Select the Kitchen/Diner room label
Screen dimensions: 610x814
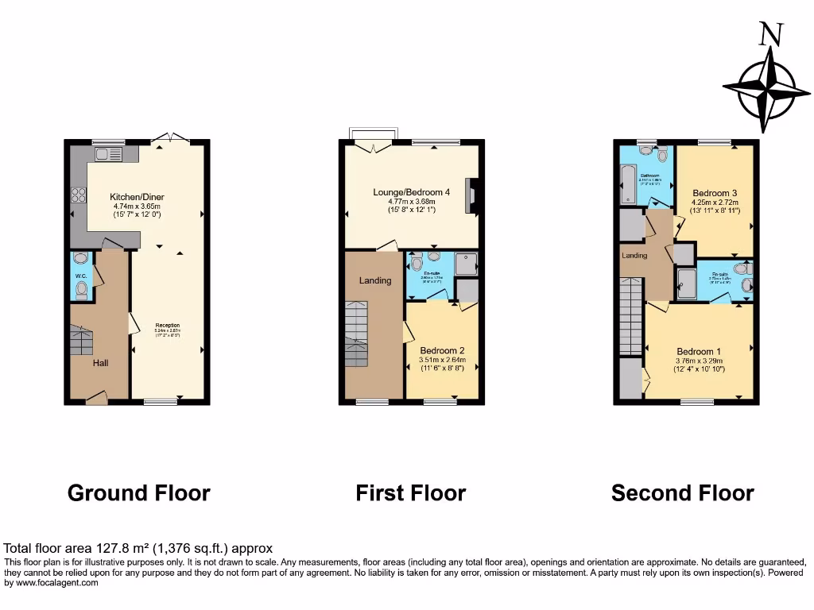pos(137,197)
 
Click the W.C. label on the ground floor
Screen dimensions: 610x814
pos(81,276)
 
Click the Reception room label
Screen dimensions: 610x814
pos(168,325)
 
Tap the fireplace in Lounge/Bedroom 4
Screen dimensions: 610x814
pos(472,192)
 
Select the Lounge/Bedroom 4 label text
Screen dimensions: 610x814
pos(412,191)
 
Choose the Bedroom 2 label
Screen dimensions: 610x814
pos(442,350)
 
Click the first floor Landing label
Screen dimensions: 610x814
pos(374,280)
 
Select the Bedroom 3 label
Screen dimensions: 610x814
pos(710,193)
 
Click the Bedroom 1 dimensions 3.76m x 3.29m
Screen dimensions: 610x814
pos(699,361)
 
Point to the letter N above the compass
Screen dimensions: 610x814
pos(770,36)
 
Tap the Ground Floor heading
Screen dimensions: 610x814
pos(139,493)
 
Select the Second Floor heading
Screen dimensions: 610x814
pos(682,493)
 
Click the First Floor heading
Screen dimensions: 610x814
pos(410,493)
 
